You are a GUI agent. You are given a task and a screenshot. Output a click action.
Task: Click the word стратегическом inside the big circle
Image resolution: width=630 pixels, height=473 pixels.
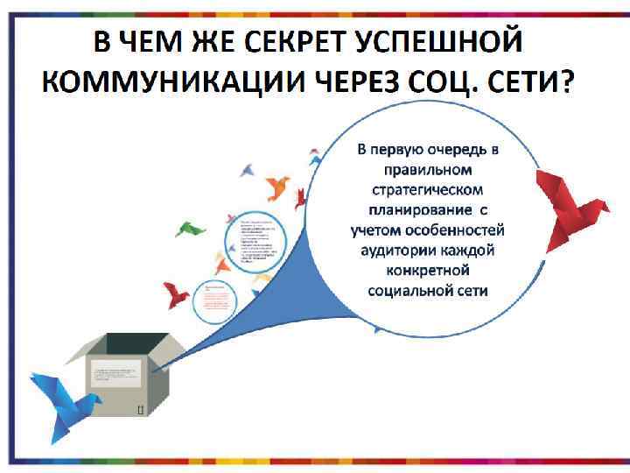point(427,189)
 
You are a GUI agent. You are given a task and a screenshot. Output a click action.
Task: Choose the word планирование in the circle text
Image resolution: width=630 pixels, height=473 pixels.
point(411,209)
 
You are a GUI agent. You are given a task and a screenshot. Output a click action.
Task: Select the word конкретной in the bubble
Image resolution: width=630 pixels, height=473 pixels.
point(427,270)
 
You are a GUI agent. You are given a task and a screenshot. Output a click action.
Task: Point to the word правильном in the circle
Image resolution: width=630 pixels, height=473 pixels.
point(427,169)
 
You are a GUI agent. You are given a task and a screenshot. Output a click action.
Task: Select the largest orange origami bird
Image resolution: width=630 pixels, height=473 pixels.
point(277,186)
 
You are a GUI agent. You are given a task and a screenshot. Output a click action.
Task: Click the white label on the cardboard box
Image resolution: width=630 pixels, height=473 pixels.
point(116,377)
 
